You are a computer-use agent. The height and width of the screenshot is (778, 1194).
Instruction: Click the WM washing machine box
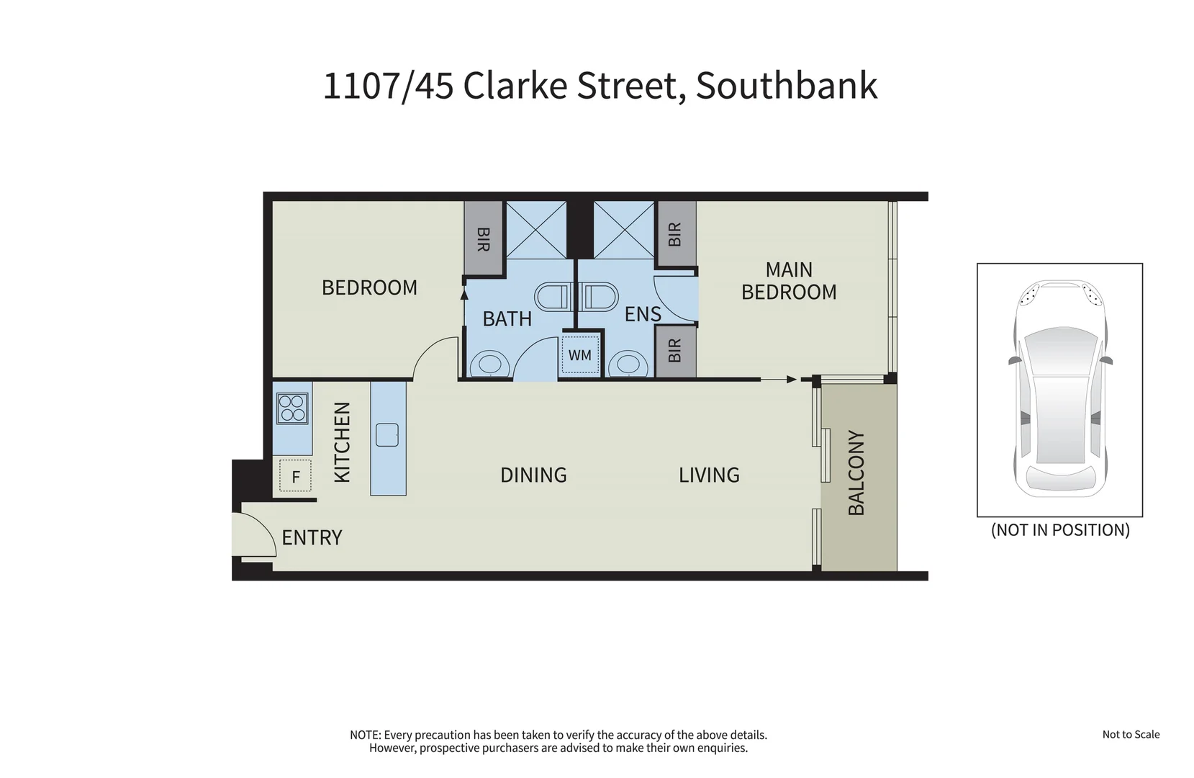pos(580,354)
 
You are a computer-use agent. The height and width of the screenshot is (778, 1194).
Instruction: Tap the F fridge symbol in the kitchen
pos(295,476)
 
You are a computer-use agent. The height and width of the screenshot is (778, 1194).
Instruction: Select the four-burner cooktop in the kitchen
pos(292,408)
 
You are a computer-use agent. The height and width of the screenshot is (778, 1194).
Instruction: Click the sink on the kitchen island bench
pos(387,435)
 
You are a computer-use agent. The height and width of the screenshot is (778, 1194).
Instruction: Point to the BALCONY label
pos(856,473)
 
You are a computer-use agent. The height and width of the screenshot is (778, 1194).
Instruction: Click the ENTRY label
pos(312,537)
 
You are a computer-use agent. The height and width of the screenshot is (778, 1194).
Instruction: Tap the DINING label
pos(533,475)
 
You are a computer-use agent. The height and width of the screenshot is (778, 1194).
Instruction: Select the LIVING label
pos(709,475)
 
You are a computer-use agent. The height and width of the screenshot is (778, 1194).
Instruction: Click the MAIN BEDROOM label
pos(789,280)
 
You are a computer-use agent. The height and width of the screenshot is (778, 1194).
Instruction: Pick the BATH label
pos(507,318)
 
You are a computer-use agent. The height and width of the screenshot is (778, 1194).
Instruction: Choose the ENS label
pos(643,314)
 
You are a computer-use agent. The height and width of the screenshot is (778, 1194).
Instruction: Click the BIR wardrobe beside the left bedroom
pos(483,238)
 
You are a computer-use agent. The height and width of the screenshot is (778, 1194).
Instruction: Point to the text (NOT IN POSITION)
pos(1060,530)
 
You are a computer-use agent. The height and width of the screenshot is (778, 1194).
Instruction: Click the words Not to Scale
pos(1131,734)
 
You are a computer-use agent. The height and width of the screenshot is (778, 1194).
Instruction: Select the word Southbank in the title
pos(786,86)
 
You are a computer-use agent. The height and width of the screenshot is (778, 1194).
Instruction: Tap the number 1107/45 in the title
pos(388,86)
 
